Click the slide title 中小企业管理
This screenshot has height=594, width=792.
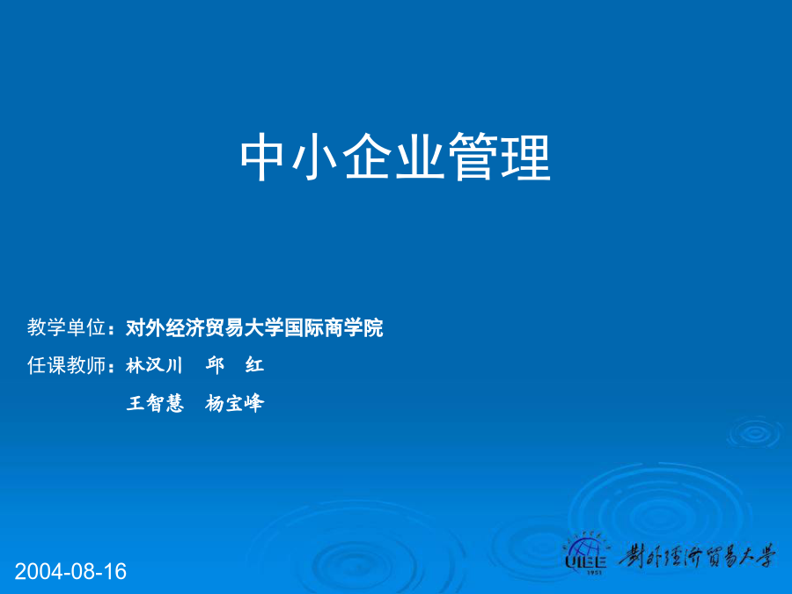(x=395, y=157)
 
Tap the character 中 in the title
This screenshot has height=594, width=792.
(x=261, y=157)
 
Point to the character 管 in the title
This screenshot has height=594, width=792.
(x=473, y=157)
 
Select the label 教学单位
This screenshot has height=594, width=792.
(x=66, y=327)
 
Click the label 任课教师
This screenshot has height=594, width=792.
(x=66, y=365)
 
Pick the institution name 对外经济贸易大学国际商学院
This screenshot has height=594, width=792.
(x=254, y=328)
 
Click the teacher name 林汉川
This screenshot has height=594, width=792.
(x=154, y=365)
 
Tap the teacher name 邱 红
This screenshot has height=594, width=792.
(x=234, y=365)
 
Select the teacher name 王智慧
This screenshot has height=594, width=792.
(x=155, y=403)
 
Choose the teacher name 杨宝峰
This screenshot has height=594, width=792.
(x=234, y=403)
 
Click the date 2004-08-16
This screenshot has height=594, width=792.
(x=70, y=571)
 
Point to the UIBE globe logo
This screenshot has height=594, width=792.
(x=586, y=553)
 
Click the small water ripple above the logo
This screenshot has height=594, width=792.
(x=755, y=432)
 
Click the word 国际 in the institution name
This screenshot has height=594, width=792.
(x=304, y=328)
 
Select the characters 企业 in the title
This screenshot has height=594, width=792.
(x=394, y=157)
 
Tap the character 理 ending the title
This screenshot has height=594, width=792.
(x=526, y=157)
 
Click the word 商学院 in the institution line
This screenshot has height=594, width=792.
(x=354, y=328)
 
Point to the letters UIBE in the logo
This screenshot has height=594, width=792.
(x=586, y=562)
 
